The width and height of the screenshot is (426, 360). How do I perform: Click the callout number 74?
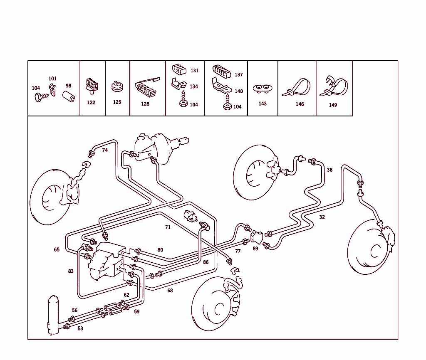pos(105,150)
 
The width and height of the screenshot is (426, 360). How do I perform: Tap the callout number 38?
pos(329,170)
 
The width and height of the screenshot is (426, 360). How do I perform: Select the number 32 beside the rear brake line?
pos(322,217)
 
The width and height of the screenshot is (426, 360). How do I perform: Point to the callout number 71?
pos(168,227)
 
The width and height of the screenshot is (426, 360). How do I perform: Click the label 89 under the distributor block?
pos(255,249)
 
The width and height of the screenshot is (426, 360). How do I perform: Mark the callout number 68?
pos(170,290)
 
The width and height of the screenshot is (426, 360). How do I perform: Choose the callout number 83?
pos(71,271)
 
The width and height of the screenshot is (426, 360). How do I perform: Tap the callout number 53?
pos(80,328)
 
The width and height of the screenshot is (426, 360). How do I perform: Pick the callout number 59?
pos(137,311)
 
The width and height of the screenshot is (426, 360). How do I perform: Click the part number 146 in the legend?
pos(300,104)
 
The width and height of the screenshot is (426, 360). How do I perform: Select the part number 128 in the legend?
pos(145,104)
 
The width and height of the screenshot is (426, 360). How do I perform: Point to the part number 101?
pos(52,79)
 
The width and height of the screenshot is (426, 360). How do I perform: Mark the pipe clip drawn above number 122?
pos(92,85)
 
